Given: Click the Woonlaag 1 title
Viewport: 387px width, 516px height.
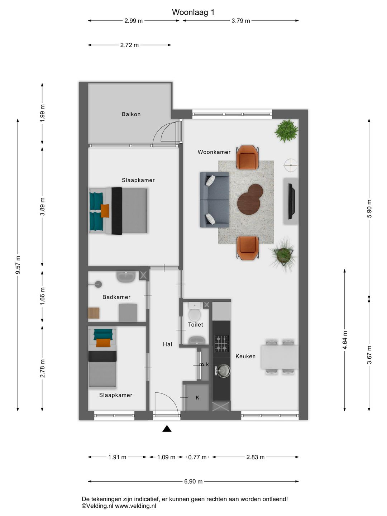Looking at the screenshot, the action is pos(193,12).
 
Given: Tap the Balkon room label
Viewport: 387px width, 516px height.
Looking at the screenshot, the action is pos(131,114).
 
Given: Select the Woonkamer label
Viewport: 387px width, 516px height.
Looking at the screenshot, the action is pos(214,152).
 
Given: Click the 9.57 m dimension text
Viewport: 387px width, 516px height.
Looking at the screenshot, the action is pos(18,265).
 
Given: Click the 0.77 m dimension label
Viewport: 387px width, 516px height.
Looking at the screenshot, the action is pos(197,457).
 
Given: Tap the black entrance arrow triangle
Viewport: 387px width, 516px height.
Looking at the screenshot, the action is pos(167,429).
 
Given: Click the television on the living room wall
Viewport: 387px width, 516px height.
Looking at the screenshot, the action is pos(292,201).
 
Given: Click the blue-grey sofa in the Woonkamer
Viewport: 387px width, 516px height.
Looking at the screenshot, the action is pos(214,200).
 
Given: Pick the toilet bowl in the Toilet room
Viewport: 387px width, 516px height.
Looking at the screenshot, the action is pos(195,314).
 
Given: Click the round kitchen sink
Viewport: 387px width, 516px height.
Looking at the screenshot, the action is pos(223,371).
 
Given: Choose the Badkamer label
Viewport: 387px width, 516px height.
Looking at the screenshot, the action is pos(116,297).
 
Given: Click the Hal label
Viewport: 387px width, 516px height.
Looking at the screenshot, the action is pos(168,344).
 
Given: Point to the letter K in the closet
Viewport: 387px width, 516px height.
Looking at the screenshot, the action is pos(197,397).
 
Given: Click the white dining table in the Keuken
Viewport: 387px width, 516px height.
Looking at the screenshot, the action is pos(279,357).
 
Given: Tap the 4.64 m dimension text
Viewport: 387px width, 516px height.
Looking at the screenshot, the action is pos(345,340).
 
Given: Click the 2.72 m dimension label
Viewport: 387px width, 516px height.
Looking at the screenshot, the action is pos(129,45).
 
